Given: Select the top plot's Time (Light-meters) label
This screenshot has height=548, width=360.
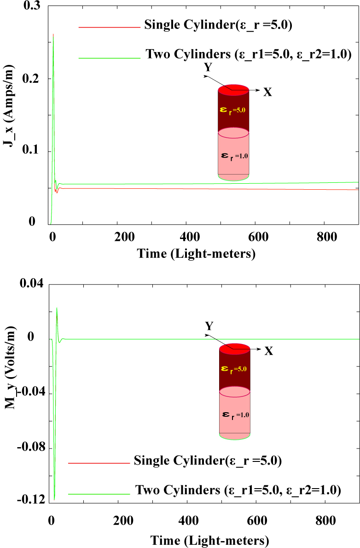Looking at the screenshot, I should (x=196, y=253).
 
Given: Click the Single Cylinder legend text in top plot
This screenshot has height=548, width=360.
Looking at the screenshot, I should (x=219, y=25).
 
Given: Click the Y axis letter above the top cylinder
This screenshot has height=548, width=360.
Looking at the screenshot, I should (x=209, y=67).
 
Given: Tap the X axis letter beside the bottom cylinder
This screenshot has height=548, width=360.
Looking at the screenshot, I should (x=269, y=351).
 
